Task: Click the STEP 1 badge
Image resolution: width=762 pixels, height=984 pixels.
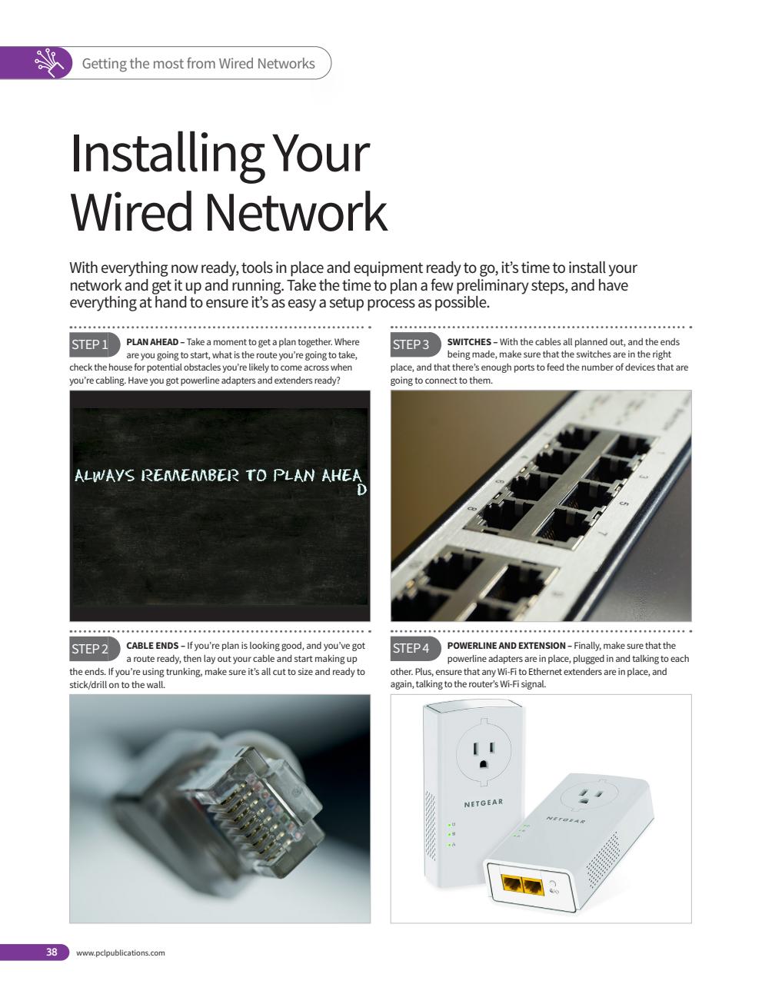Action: coord(91,344)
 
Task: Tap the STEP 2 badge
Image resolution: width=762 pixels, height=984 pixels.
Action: coord(91,649)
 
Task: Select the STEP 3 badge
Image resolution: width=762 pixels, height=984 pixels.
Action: coord(412,344)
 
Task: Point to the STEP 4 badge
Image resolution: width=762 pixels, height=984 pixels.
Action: coord(412,648)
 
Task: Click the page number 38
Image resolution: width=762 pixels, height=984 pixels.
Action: coord(52,952)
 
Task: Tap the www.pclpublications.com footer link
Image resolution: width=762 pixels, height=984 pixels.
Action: coord(121,953)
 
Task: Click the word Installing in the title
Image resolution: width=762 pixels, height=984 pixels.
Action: coord(164,153)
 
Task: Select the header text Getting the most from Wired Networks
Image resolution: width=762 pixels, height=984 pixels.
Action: coord(198,64)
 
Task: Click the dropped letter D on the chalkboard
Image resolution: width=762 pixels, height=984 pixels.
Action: coord(362,489)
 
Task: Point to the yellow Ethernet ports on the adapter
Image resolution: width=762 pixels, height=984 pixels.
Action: coord(522,884)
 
